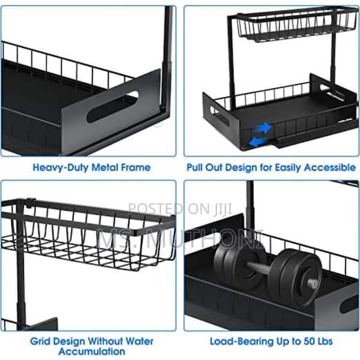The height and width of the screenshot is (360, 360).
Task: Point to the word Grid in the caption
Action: [x=42, y=341]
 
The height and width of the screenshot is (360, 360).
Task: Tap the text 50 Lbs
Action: [x=311, y=341]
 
